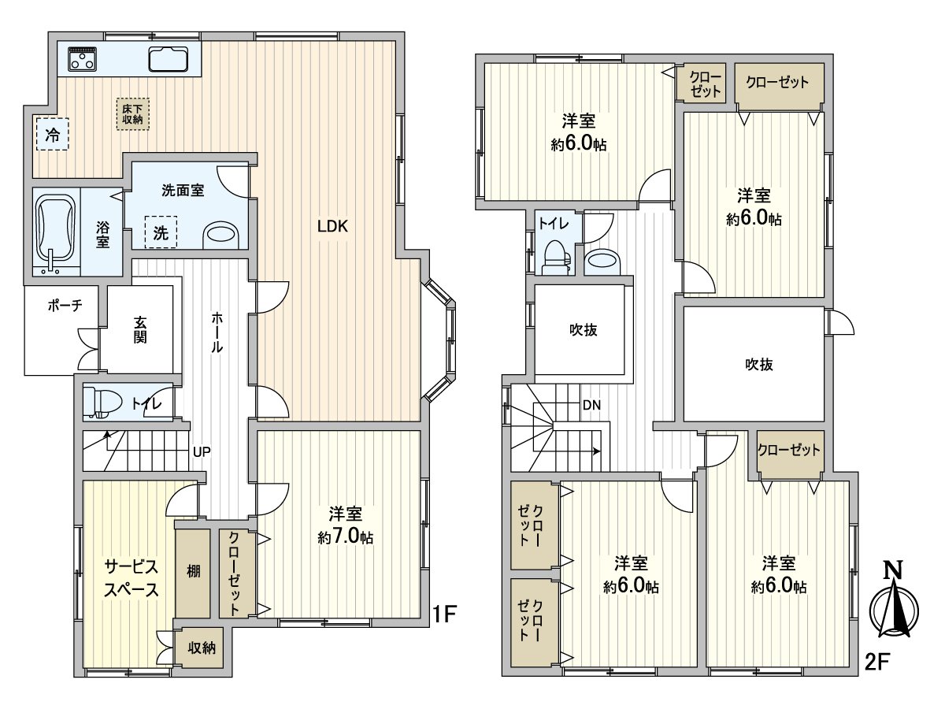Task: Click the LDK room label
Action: click(x=332, y=227)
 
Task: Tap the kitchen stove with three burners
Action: click(x=82, y=58)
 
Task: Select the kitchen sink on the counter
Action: click(x=167, y=59)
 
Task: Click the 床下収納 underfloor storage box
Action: click(x=132, y=113)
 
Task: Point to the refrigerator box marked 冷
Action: click(x=52, y=135)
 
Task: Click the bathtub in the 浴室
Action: click(x=55, y=228)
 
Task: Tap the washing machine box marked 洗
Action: click(x=161, y=233)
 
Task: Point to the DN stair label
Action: click(x=591, y=406)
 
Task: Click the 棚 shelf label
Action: click(x=193, y=570)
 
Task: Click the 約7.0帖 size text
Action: click(x=345, y=537)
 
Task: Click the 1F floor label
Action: click(x=443, y=615)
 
